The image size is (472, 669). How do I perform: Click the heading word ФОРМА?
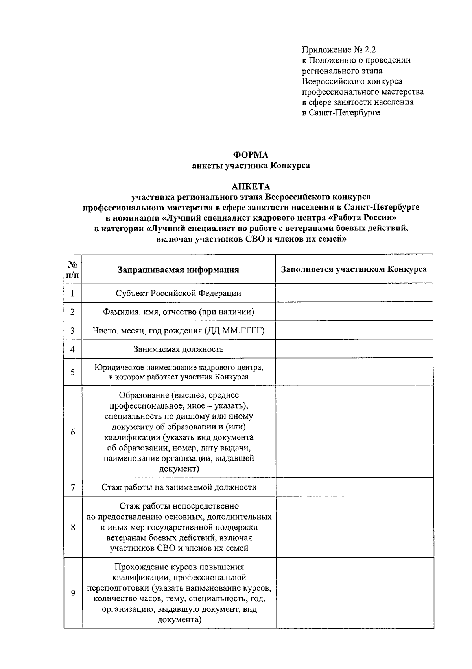(x=251, y=155)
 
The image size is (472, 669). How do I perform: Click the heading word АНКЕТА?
(x=251, y=186)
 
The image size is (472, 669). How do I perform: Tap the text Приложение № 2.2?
(x=339, y=50)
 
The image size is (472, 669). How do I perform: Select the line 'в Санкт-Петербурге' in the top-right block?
(x=341, y=113)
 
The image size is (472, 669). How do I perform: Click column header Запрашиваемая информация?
(x=178, y=269)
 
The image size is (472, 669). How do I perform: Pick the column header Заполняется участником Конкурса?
(x=354, y=269)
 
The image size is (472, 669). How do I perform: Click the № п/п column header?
(x=72, y=269)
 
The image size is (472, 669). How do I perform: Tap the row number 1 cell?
(x=72, y=294)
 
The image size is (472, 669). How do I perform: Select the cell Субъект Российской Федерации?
(x=178, y=293)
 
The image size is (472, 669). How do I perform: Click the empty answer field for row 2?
(x=354, y=312)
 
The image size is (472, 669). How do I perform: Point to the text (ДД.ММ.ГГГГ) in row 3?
(x=234, y=331)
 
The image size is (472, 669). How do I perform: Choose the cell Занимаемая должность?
(x=178, y=349)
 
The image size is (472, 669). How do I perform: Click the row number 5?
(x=72, y=372)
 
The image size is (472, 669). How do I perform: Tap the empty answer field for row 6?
(x=354, y=431)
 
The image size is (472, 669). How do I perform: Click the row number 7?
(x=72, y=487)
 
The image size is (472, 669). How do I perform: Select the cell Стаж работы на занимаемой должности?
(x=179, y=487)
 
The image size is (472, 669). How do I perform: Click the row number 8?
(x=72, y=527)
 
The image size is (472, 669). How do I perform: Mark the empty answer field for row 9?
(x=354, y=593)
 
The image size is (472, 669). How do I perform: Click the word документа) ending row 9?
(x=179, y=620)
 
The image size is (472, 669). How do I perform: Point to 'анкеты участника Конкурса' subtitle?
(x=251, y=165)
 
